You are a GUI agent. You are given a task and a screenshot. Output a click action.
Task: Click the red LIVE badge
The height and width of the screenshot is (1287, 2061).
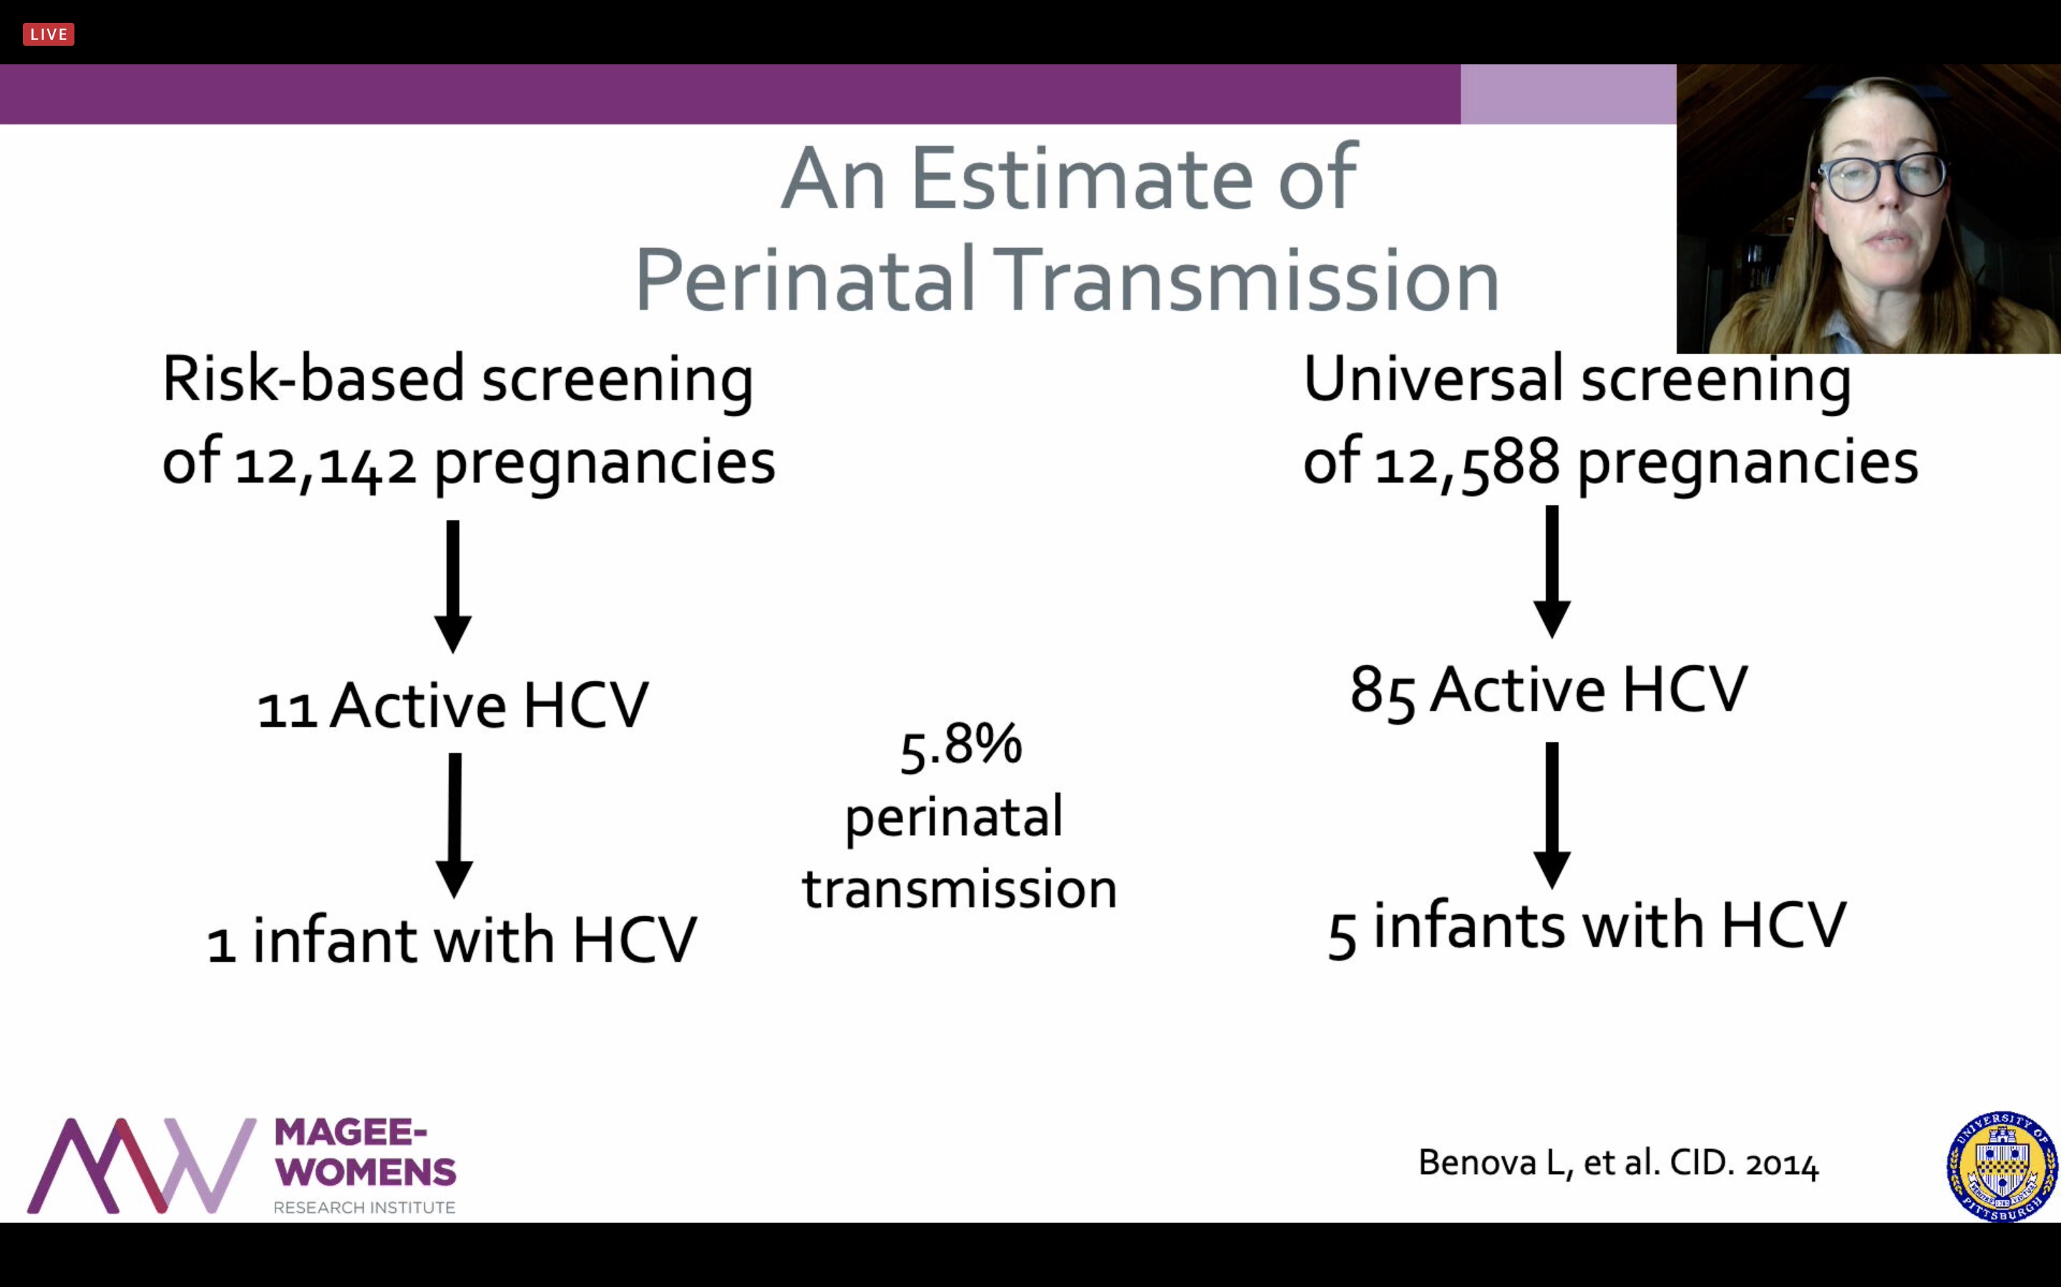coord(49,34)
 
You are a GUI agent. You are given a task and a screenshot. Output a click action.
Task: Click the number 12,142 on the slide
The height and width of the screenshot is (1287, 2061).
coord(326,465)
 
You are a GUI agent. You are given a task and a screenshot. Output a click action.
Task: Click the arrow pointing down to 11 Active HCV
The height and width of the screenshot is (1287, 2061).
coord(453,586)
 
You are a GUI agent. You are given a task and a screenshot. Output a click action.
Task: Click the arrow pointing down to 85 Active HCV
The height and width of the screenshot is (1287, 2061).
coord(1551,572)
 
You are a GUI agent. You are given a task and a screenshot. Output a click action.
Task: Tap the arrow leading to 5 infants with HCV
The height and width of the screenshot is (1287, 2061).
coord(1551,815)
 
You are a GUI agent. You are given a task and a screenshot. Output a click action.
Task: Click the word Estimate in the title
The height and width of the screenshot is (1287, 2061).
coord(1081,179)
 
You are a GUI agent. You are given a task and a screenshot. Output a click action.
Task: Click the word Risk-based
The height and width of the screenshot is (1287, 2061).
coord(313,379)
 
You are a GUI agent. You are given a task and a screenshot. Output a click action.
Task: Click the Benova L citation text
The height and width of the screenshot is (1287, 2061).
coord(1618,1163)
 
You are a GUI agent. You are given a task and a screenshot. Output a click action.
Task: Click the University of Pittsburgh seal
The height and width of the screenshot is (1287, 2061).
coord(2002,1166)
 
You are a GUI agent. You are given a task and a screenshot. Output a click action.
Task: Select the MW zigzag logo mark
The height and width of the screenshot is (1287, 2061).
coord(142,1165)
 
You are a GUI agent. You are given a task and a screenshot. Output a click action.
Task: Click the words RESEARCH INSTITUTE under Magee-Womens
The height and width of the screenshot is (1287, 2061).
coord(364,1207)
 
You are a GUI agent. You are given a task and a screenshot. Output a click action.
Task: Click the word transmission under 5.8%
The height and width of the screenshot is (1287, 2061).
coord(959,889)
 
